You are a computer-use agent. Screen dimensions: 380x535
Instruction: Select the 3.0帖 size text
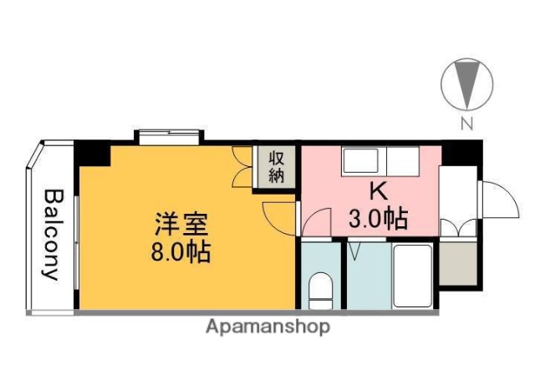click(377, 219)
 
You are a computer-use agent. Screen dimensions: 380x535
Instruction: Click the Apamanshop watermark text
click(267, 327)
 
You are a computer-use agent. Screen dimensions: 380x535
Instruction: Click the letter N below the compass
click(467, 125)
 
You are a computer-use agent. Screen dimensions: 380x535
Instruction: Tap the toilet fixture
click(320, 290)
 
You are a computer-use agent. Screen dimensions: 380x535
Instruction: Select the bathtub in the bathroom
click(411, 276)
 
